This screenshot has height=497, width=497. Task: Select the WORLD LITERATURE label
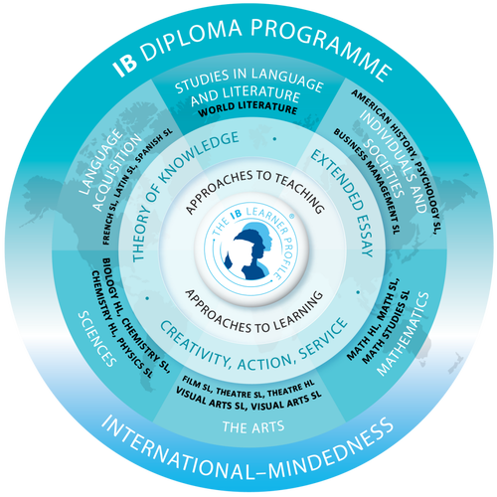point(248,109)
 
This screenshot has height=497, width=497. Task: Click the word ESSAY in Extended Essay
point(365,237)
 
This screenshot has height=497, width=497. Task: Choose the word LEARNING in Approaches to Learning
point(298,311)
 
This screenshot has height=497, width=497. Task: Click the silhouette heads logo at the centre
point(251,251)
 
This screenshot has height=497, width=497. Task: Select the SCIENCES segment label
point(96,339)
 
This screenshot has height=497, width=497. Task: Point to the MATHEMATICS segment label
point(403,334)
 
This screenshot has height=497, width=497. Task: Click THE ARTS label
point(253,426)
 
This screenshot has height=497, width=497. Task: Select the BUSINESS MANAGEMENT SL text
point(367,181)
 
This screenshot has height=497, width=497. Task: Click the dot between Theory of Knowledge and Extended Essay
point(274,139)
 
